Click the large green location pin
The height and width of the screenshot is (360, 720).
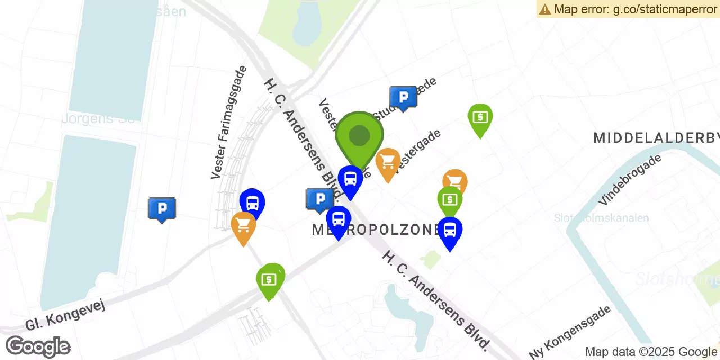[359, 136]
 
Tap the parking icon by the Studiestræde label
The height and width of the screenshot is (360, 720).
[403, 98]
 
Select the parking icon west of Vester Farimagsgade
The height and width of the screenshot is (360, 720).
[162, 209]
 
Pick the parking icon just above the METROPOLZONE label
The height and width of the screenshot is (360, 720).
[320, 199]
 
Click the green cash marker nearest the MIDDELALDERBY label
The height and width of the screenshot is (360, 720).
[480, 118]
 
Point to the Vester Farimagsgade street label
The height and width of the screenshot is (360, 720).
[229, 123]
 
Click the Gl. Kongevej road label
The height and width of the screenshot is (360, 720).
[65, 314]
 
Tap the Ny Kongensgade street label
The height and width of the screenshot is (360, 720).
[570, 332]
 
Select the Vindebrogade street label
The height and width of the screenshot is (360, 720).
[630, 179]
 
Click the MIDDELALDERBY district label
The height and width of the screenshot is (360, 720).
[656, 138]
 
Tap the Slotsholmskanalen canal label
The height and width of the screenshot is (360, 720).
[601, 218]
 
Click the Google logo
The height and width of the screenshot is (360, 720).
[38, 346]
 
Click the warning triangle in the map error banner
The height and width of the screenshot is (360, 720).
[544, 9]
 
